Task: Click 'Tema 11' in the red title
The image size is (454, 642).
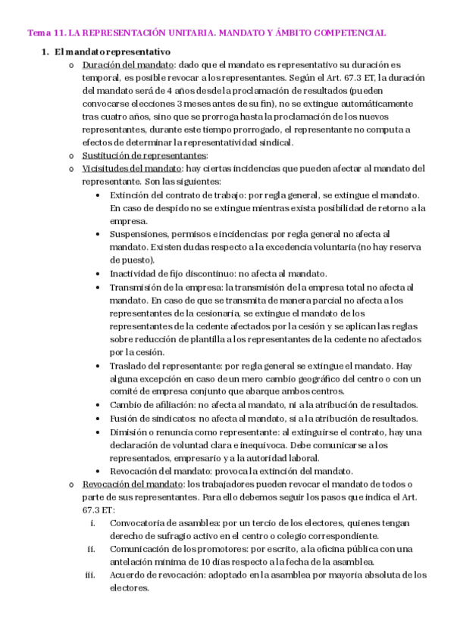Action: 45,33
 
